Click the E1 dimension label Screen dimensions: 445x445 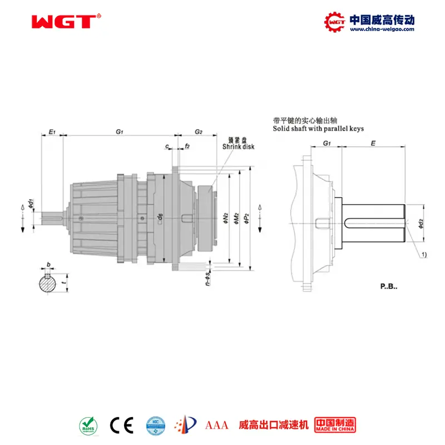pyautogui.click(x=51, y=132)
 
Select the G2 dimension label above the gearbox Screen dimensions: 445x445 pyautogui.click(x=198, y=132)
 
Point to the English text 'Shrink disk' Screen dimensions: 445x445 pyautogui.click(x=238, y=147)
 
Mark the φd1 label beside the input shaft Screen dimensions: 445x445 pyautogui.click(x=32, y=204)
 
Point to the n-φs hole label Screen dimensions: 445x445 pyautogui.click(x=207, y=277)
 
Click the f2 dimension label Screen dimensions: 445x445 pyautogui.click(x=187, y=146)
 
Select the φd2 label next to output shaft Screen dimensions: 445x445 pyautogui.click(x=421, y=222)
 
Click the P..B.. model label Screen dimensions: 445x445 pyautogui.click(x=390, y=287)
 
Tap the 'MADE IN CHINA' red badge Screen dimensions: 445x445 pyautogui.click(x=335, y=425)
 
